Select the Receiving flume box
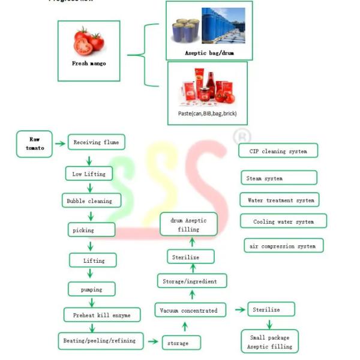(x=96, y=142)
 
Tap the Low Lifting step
(x=89, y=174)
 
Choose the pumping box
(x=92, y=289)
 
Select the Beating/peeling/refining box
(x=100, y=340)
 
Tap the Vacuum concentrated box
(x=188, y=310)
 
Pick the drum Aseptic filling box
(x=188, y=225)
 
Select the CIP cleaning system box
(x=278, y=151)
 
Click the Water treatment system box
(x=280, y=200)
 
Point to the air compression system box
(x=284, y=246)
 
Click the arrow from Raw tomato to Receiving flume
(x=59, y=143)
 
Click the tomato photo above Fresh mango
(x=89, y=41)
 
